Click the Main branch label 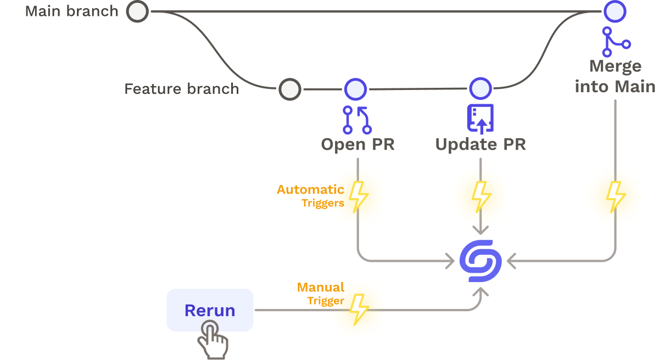tap(71, 11)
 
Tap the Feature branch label tap(181, 89)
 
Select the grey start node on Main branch tap(137, 11)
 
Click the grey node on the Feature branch tap(289, 89)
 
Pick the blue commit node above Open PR tap(355, 88)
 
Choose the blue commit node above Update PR tap(481, 88)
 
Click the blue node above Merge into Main tap(615, 11)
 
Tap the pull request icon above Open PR tap(357, 120)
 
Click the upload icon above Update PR tap(481, 119)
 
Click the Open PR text tap(358, 144)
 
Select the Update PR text tap(481, 144)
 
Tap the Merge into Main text tap(615, 76)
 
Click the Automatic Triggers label tap(311, 196)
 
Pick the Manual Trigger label tap(321, 294)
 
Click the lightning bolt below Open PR tap(359, 196)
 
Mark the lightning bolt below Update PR tap(482, 196)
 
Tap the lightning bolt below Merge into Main tap(615, 196)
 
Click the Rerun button tap(210, 311)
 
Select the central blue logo tap(481, 261)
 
